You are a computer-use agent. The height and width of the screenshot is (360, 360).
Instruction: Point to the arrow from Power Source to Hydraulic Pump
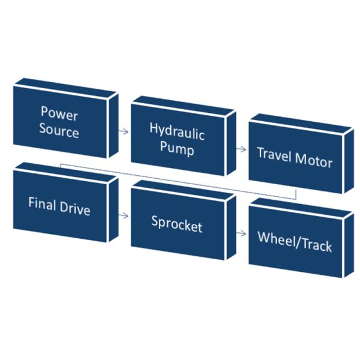[x=124, y=131]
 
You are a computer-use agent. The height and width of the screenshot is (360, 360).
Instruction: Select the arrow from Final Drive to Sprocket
[x=124, y=214]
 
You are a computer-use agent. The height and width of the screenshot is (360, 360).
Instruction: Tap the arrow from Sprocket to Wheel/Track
[x=241, y=233]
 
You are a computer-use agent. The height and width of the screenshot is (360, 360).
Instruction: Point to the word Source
[x=59, y=131]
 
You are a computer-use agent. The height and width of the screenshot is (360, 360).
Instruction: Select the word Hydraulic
[x=177, y=132]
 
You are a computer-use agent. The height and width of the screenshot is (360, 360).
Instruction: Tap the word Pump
[x=176, y=149]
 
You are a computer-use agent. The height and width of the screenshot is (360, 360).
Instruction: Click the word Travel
[x=274, y=154]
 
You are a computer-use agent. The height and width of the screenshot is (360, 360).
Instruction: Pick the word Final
[x=43, y=203]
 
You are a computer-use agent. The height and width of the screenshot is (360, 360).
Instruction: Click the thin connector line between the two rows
[x=180, y=180]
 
